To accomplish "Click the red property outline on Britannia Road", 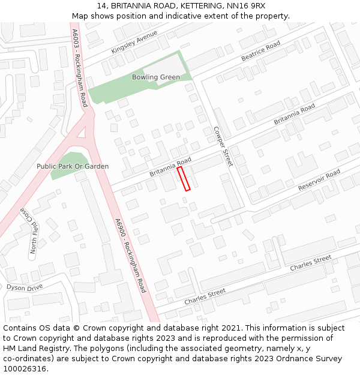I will pyautogui.click(x=184, y=179).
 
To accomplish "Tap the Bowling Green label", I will pyautogui.click(x=156, y=77).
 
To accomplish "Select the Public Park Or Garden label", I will pyautogui.click(x=73, y=166).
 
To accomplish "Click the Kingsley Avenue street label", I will pyautogui.click(x=134, y=43).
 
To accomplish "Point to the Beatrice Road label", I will pyautogui.click(x=260, y=52).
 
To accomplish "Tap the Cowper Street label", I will pyautogui.click(x=223, y=146).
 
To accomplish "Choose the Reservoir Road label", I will pyautogui.click(x=319, y=180).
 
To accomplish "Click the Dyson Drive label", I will pyautogui.click(x=25, y=287).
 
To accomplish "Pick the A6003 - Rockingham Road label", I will pyautogui.click(x=79, y=68).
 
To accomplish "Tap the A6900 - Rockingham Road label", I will pyautogui.click(x=130, y=256).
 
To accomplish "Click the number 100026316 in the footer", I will pyautogui.click(x=25, y=369).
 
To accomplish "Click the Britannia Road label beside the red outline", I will pyautogui.click(x=170, y=167).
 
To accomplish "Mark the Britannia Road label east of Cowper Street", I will pyautogui.click(x=295, y=114).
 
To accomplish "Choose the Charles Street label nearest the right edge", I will pyautogui.click(x=310, y=263).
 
